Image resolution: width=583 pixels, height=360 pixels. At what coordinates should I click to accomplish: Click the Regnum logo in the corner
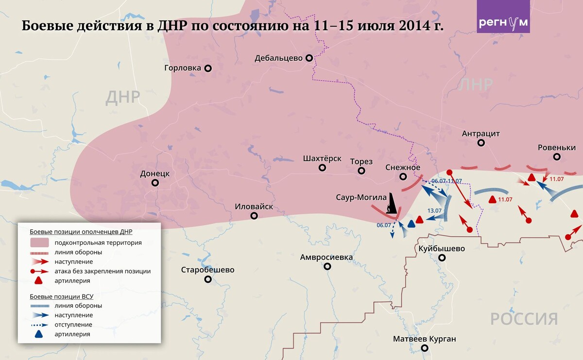click(503, 17)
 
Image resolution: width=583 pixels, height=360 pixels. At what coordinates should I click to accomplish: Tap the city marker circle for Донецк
click(155, 183)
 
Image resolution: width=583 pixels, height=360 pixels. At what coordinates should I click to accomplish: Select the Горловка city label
click(183, 68)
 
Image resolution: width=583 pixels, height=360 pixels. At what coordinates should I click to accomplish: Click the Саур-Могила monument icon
click(391, 205)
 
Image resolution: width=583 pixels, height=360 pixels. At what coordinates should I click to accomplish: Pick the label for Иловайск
click(254, 206)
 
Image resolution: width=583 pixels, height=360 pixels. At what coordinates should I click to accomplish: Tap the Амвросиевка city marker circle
click(327, 266)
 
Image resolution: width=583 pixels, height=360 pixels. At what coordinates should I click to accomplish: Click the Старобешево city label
click(207, 270)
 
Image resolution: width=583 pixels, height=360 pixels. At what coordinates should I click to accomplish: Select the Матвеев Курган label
click(425, 339)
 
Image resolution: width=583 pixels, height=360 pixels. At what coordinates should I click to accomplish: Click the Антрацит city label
click(481, 134)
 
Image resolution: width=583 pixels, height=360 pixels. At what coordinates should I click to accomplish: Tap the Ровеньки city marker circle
click(557, 157)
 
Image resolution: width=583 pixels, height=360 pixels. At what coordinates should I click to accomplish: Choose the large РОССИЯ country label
click(524, 319)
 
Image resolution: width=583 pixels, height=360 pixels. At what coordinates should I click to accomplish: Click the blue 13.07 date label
click(434, 210)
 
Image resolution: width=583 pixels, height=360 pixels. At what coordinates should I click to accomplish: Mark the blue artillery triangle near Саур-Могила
click(412, 224)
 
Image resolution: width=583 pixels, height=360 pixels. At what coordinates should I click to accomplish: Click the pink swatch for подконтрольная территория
click(39, 242)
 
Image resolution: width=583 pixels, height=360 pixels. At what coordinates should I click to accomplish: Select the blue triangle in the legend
click(39, 334)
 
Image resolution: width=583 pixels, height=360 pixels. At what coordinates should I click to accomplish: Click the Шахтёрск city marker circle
click(322, 168)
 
